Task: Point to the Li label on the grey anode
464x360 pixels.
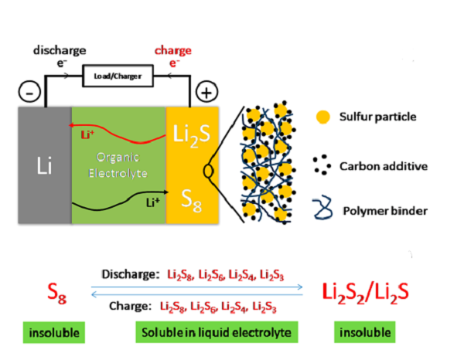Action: point(43,165)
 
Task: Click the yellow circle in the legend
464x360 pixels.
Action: point(322,117)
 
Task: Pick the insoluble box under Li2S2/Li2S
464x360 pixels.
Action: point(362,333)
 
